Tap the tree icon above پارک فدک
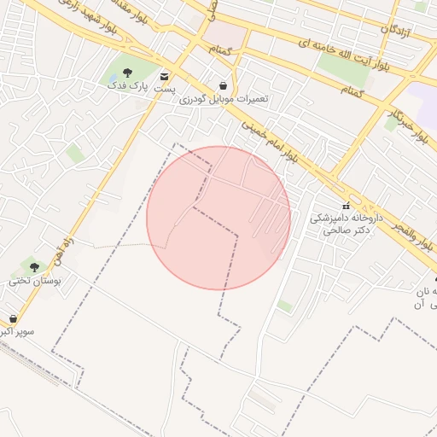coord(127,73)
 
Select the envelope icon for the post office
coord(164,76)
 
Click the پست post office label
coord(164,88)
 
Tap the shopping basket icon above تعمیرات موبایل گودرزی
coord(224,86)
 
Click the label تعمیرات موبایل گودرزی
coord(224,99)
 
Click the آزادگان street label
coord(396,32)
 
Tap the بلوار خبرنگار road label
coord(407,121)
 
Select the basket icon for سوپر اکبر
coord(12,318)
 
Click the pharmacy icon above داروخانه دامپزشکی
coord(346,207)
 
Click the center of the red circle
coord(218,218)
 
